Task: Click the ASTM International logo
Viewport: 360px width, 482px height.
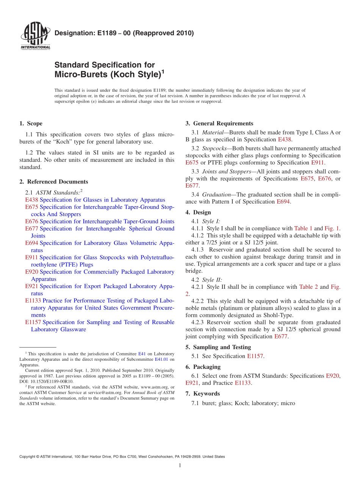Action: click(35, 36)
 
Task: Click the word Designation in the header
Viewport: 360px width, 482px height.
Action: click(72, 33)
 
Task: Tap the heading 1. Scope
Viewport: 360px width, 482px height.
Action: click(31, 124)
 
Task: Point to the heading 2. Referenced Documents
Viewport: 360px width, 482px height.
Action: click(53, 182)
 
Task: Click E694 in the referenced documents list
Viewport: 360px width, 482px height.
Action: click(31, 243)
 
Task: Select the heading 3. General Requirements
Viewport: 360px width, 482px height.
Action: click(219, 124)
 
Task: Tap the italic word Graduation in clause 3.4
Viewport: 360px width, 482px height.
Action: click(218, 194)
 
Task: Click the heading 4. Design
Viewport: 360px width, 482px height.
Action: click(198, 212)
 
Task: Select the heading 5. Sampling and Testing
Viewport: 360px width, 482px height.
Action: click(218, 347)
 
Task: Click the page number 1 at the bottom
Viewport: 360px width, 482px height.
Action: click(180, 465)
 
